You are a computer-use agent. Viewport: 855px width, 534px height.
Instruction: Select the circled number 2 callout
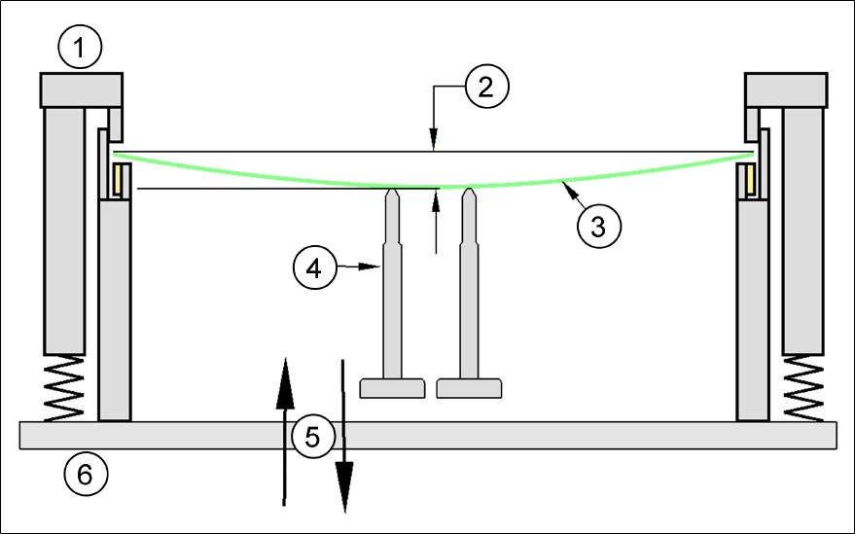pyautogui.click(x=486, y=87)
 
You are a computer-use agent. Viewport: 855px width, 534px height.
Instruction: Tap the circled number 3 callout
pyautogui.click(x=598, y=225)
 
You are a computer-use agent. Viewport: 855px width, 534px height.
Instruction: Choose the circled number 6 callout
pyautogui.click(x=85, y=476)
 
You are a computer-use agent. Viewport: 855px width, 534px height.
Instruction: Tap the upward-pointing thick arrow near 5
pyautogui.click(x=284, y=428)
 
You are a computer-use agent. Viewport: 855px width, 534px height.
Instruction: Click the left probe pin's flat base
pyautogui.click(x=393, y=388)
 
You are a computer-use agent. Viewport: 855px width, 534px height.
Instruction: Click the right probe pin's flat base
pyautogui.click(x=469, y=388)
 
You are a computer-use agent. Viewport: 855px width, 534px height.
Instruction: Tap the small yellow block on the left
pyautogui.click(x=121, y=180)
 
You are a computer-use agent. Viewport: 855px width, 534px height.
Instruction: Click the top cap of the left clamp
pyautogui.click(x=80, y=89)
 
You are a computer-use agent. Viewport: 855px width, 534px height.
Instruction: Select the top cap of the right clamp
pyautogui.click(x=785, y=89)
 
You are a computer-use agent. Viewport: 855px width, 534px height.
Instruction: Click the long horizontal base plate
pyautogui.click(x=428, y=435)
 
